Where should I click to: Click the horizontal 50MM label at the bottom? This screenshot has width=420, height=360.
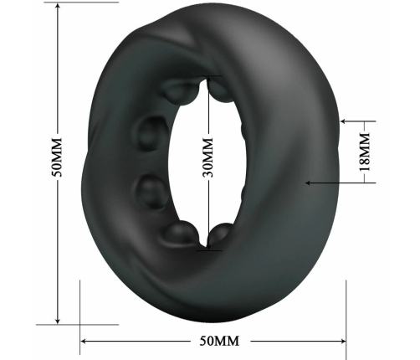point(214,342)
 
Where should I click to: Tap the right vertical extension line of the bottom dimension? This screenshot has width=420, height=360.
point(346,310)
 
